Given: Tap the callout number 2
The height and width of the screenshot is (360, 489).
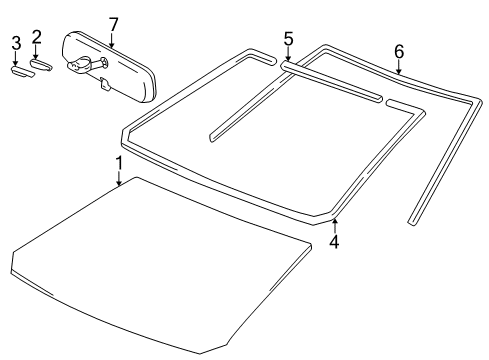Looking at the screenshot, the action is pyautogui.click(x=36, y=38).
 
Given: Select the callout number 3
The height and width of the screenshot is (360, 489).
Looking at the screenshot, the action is pyautogui.click(x=16, y=41).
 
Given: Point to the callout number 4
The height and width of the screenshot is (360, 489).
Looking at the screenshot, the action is pyautogui.click(x=333, y=241).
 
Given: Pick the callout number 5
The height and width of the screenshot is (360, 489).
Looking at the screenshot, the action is pyautogui.click(x=288, y=39).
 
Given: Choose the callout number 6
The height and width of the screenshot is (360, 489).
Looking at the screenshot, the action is pyautogui.click(x=398, y=51).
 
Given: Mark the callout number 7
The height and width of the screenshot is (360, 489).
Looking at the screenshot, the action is pyautogui.click(x=113, y=23).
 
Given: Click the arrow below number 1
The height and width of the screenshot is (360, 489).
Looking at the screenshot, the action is pyautogui.click(x=118, y=180).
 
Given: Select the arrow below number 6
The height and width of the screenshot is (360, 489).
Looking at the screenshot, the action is pyautogui.click(x=398, y=70).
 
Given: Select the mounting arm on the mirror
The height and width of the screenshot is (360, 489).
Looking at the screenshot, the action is pyautogui.click(x=80, y=67).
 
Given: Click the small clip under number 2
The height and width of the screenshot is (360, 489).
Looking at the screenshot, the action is pyautogui.click(x=40, y=65).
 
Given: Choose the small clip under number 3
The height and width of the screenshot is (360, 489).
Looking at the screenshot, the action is pyautogui.click(x=19, y=70).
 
